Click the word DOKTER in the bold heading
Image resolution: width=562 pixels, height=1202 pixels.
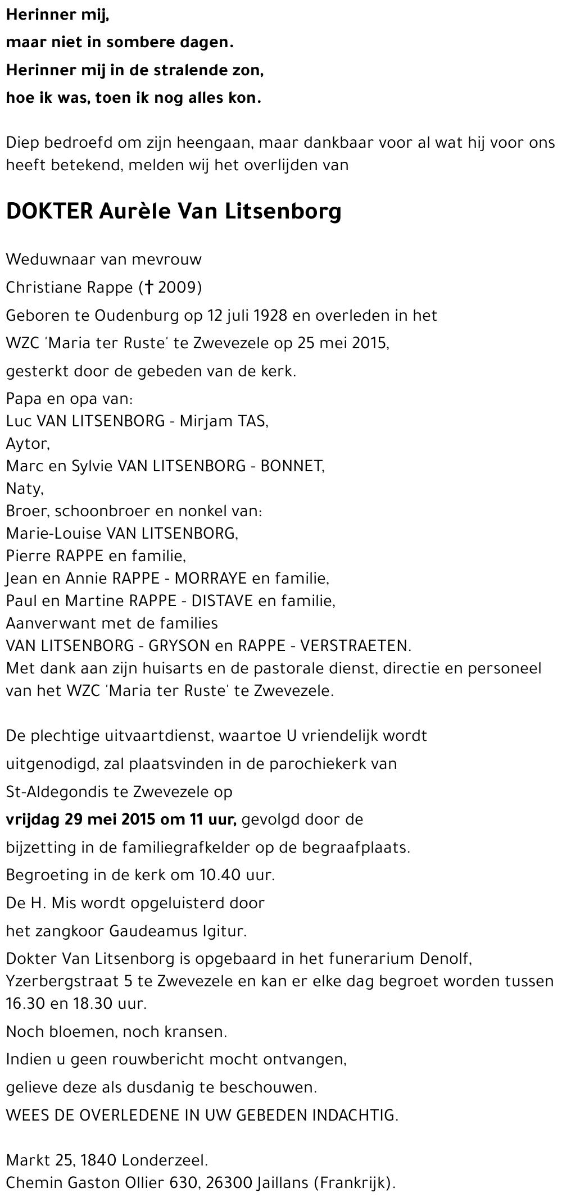coord(49,212)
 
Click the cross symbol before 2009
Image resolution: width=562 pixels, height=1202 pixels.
coord(149,288)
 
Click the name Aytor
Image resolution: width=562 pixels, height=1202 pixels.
coord(28,444)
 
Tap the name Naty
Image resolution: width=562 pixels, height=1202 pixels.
coord(25,489)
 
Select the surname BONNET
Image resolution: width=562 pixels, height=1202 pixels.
coord(291,466)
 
